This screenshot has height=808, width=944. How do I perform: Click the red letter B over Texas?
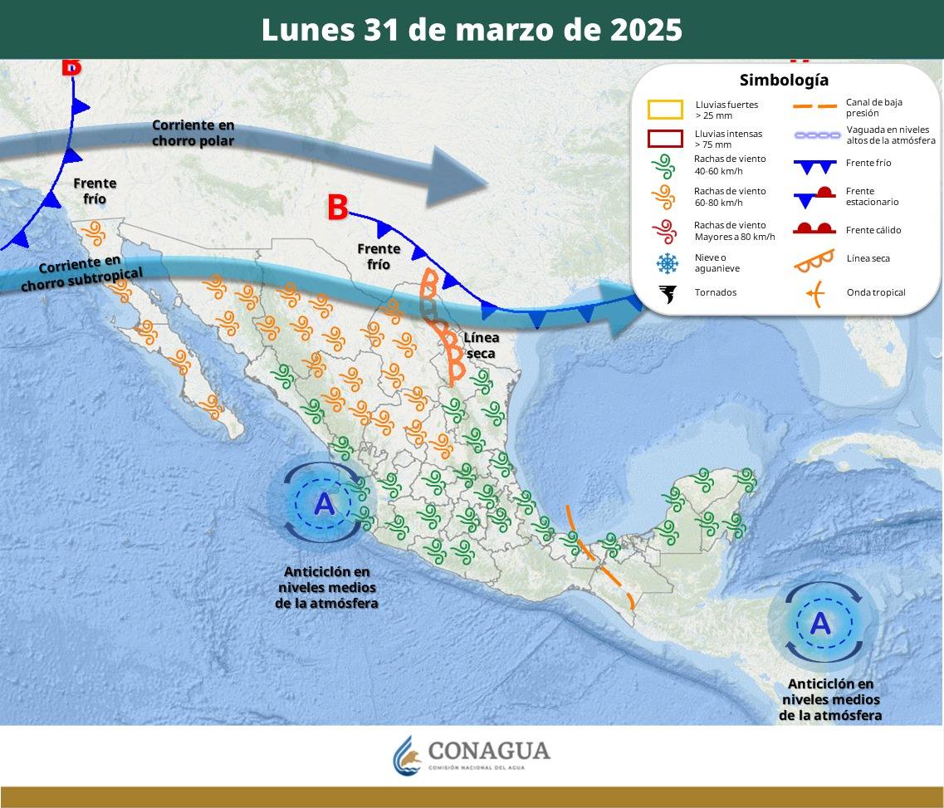337,208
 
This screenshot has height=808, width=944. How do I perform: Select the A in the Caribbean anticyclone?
820,623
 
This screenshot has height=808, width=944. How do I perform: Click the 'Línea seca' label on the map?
482,345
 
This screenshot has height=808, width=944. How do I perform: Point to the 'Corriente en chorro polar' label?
193,133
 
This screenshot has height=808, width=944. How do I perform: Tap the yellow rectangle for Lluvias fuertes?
665,109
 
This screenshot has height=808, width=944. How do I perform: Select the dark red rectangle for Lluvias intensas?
665,139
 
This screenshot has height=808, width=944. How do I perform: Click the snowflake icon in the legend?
667,263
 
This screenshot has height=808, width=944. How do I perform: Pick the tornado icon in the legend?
667,293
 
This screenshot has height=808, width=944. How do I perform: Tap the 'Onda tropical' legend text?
876,292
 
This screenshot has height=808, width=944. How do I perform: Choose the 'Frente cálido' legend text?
873,230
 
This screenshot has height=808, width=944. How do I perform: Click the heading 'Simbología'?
784,81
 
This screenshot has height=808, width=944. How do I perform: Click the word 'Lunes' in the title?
307,30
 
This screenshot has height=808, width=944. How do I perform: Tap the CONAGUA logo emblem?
407,754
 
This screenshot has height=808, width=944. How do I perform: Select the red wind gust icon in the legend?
666,230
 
